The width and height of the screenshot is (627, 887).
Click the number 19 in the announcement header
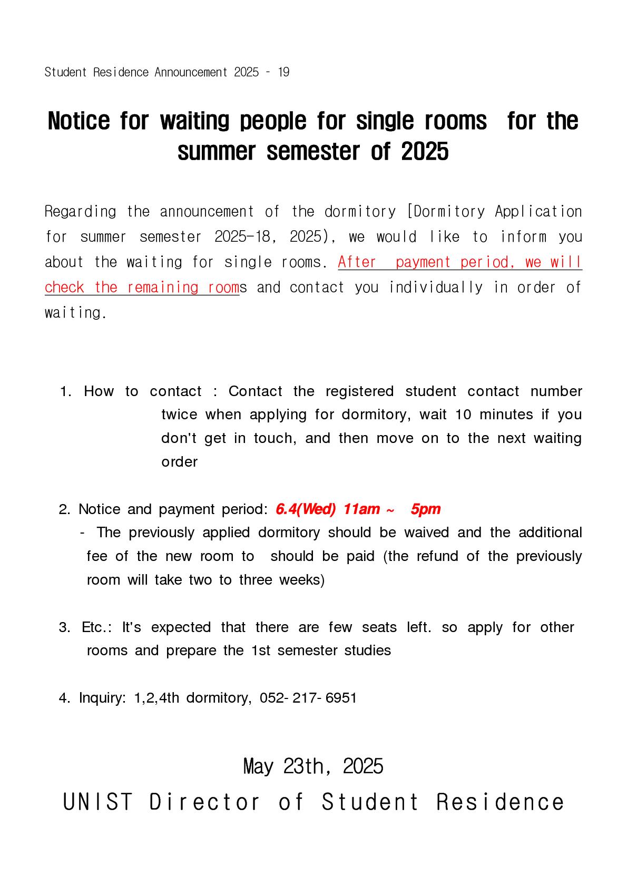coord(283,72)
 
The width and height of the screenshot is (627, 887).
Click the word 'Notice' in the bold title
coord(79,121)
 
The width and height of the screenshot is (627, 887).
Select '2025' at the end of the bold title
coord(425,152)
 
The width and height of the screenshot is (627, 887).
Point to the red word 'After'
coord(357,262)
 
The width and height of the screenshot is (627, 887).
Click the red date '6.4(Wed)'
coord(306,509)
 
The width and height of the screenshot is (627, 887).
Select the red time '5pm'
coord(425,509)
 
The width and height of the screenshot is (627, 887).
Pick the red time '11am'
coord(361,509)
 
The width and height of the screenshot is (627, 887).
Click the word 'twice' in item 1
coord(179,415)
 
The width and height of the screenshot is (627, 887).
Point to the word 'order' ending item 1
coord(179,462)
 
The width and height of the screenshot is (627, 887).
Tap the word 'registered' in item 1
coord(359,391)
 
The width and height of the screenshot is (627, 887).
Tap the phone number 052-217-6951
coord(308,698)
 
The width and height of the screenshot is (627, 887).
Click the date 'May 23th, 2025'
coord(313,766)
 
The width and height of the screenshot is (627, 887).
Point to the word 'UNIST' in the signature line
coord(98,802)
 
